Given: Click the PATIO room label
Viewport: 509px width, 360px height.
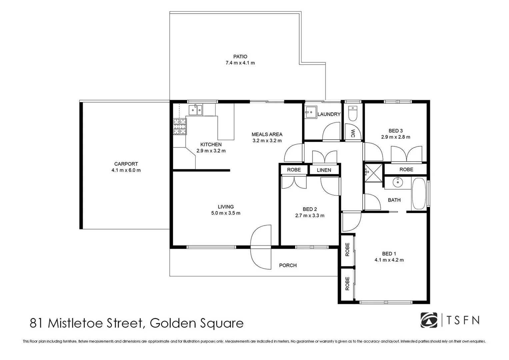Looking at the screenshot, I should tap(240, 57).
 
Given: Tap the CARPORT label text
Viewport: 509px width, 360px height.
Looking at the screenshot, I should tap(126, 164).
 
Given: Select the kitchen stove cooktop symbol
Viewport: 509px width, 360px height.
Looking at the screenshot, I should tap(180, 127).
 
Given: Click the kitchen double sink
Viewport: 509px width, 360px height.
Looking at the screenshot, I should tap(195, 110).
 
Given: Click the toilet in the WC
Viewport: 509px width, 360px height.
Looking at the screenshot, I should tap(353, 113).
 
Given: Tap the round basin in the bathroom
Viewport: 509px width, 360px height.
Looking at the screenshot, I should tap(397, 182).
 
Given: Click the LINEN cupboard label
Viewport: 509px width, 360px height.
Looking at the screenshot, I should tap(324, 170).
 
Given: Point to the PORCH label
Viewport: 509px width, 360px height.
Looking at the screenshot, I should tap(288, 265).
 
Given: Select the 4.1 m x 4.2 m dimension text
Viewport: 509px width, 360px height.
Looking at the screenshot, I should tap(389, 260).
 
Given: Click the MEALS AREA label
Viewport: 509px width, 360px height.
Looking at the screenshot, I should tap(267, 134).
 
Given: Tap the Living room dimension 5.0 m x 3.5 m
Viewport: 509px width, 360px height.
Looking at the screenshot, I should tap(226, 213).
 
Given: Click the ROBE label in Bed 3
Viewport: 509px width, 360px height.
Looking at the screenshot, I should tap(406, 169).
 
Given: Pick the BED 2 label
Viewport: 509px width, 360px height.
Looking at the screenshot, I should tap(310, 209).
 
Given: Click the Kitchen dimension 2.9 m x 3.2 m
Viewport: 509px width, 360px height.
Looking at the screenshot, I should tap(211, 151).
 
